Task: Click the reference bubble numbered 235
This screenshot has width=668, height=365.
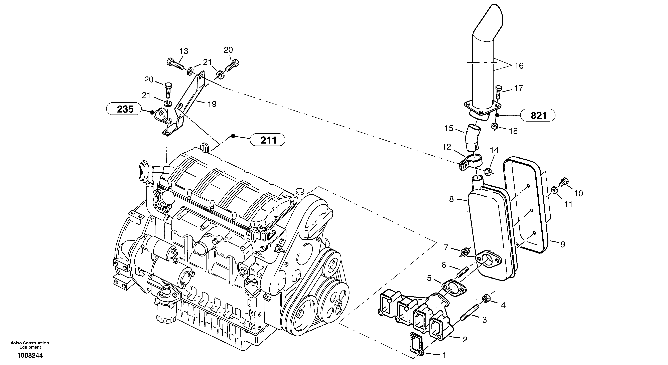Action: click(x=124, y=109)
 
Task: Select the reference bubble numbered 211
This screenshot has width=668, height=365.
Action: click(x=267, y=140)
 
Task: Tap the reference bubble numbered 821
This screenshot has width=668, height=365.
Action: click(x=538, y=115)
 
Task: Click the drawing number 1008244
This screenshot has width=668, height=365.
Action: click(x=30, y=355)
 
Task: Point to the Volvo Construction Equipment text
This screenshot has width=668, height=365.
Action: click(x=30, y=345)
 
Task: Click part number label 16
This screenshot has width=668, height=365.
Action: click(x=519, y=66)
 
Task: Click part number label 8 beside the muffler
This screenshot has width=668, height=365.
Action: click(x=451, y=199)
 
